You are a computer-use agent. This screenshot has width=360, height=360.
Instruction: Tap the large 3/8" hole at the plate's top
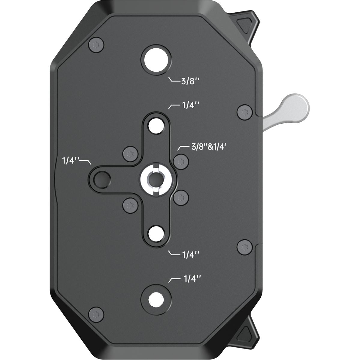156,59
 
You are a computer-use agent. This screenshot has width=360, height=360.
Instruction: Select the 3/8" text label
190,82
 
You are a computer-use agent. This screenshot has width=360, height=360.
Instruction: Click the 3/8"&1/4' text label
208,147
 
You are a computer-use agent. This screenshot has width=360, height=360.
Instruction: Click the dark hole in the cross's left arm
100,179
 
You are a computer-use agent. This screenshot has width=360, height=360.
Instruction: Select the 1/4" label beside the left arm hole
70,160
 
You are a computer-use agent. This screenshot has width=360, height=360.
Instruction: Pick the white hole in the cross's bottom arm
156,233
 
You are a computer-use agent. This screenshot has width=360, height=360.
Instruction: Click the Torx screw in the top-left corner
97,46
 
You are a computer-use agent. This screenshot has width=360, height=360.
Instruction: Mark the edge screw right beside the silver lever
244,112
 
